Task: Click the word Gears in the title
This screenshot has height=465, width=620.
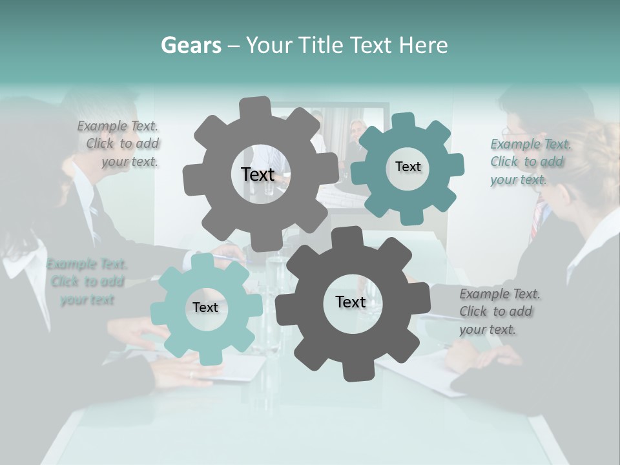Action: pyautogui.click(x=190, y=45)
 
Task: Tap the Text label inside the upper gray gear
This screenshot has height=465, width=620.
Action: pyautogui.click(x=258, y=174)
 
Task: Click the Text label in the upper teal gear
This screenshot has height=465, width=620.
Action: pyautogui.click(x=408, y=167)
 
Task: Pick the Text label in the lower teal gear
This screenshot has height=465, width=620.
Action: pyautogui.click(x=205, y=307)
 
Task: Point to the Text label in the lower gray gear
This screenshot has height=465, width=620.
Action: pyautogui.click(x=350, y=302)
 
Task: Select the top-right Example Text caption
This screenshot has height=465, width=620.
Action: pyautogui.click(x=530, y=161)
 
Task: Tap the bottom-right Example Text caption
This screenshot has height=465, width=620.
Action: pyautogui.click(x=499, y=311)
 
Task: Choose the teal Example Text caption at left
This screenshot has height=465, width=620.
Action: pyautogui.click(x=87, y=282)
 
